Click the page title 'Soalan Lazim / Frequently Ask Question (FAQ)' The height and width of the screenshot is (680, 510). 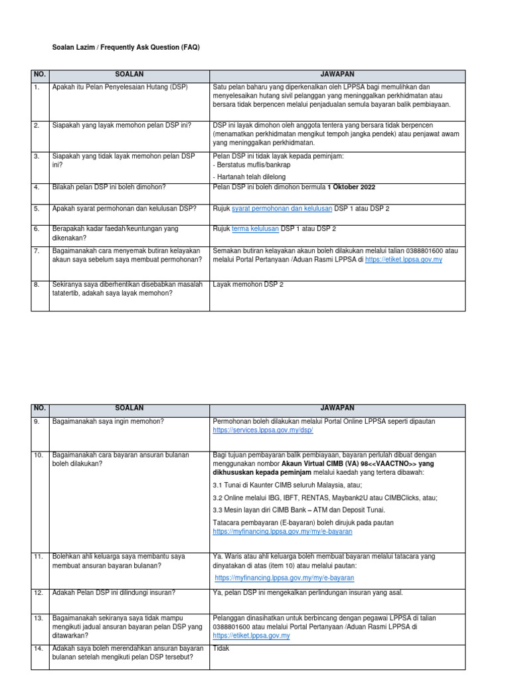point(126,48)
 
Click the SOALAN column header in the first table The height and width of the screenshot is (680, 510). point(130,76)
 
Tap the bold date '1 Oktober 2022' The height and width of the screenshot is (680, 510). point(351,187)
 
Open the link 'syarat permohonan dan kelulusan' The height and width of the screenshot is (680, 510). point(282,209)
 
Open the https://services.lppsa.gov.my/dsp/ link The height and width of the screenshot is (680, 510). point(262,430)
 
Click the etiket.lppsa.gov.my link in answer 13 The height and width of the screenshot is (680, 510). point(251,636)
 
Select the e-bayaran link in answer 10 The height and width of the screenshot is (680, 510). point(282,532)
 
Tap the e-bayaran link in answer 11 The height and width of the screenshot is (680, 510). point(284,578)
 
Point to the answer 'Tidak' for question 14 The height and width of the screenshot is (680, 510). point(221,648)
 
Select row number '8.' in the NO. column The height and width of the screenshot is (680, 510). point(37,284)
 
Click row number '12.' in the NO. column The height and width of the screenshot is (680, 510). point(39,592)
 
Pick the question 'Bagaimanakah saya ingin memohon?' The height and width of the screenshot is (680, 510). point(108,421)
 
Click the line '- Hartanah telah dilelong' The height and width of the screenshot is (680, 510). point(250,177)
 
